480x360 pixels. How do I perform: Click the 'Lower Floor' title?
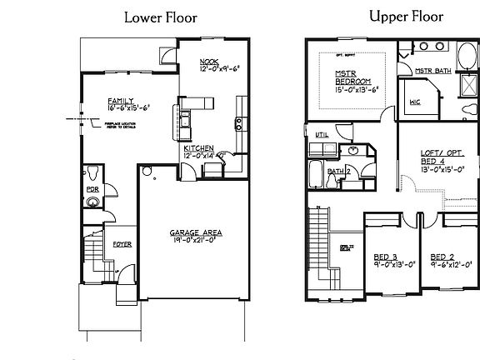point(160,17)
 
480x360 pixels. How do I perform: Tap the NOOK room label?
point(208,62)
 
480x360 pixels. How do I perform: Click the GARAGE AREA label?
point(196,232)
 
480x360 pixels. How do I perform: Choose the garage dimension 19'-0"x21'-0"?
point(196,241)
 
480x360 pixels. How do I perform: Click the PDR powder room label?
point(92,201)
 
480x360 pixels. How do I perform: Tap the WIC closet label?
point(414,103)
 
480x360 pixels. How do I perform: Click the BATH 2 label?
point(337,171)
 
